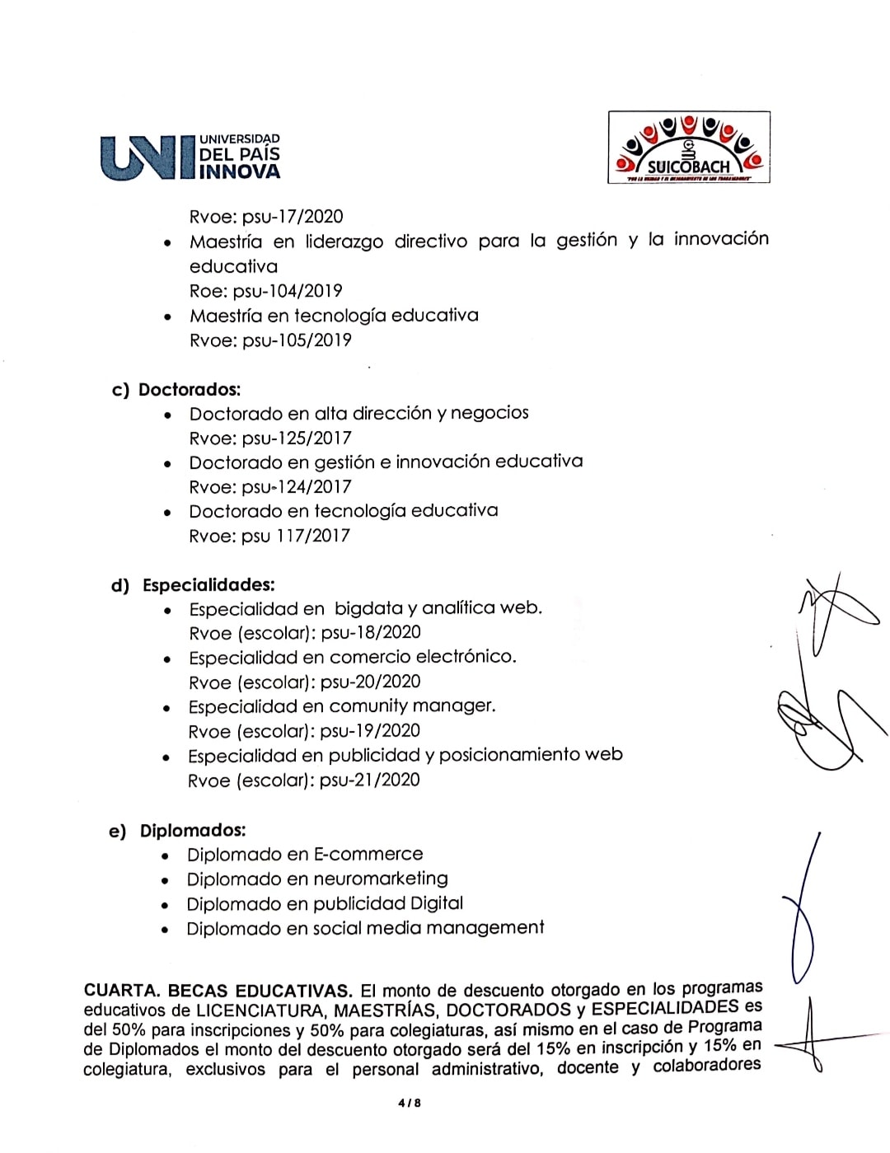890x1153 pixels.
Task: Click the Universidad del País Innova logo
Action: (x=190, y=157)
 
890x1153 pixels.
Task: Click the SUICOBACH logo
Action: (x=689, y=148)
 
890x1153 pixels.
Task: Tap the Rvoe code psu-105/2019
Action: (x=297, y=340)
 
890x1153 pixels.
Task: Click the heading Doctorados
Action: (x=190, y=390)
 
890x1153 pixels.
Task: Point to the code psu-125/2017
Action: (x=297, y=438)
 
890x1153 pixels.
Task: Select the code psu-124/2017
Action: (x=297, y=487)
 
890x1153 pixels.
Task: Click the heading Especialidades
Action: (x=208, y=585)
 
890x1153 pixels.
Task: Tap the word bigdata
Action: (x=368, y=609)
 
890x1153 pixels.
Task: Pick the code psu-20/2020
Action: (x=370, y=682)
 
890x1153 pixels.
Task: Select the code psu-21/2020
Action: (x=369, y=780)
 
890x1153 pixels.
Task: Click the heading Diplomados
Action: (x=193, y=831)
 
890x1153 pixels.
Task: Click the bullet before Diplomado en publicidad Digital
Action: (x=166, y=906)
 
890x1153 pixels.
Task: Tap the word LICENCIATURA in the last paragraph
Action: (x=260, y=1010)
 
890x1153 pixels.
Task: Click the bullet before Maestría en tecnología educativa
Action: (x=168, y=317)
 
